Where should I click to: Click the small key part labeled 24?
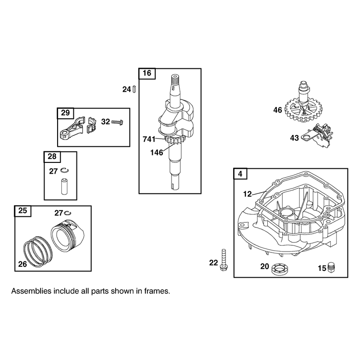[134, 89]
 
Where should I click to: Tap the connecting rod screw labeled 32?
[117, 122]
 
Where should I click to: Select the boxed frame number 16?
[147, 73]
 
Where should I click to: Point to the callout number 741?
[149, 139]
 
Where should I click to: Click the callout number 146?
[157, 153]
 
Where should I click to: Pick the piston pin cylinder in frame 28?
[64, 186]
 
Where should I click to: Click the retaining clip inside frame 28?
[65, 171]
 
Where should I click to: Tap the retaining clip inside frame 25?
[68, 213]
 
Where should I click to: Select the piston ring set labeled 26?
[38, 252]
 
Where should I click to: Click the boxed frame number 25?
[23, 211]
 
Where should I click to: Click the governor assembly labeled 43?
[318, 137]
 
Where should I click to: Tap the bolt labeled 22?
[224, 260]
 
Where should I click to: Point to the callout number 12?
[247, 194]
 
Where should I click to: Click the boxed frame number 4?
[240, 174]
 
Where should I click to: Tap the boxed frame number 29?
[65, 113]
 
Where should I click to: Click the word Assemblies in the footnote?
[31, 291]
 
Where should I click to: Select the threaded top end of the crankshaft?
[175, 80]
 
